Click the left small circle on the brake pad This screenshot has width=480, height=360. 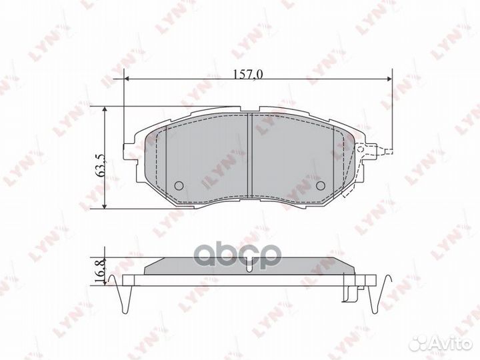(x=178, y=185)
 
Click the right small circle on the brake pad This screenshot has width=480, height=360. (x=320, y=185)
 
